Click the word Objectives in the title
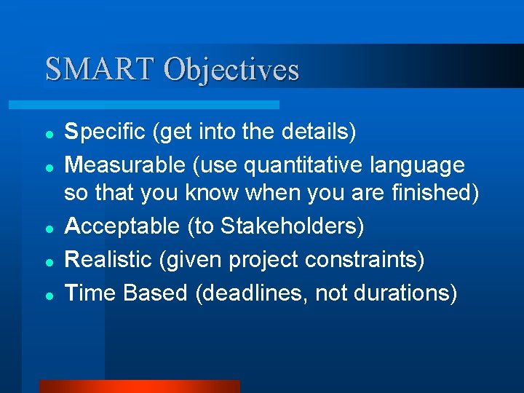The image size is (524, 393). coord(231,69)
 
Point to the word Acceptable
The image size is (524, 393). coord(122,226)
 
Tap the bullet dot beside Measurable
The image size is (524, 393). coord(47,167)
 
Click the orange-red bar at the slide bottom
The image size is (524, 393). coord(138,386)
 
